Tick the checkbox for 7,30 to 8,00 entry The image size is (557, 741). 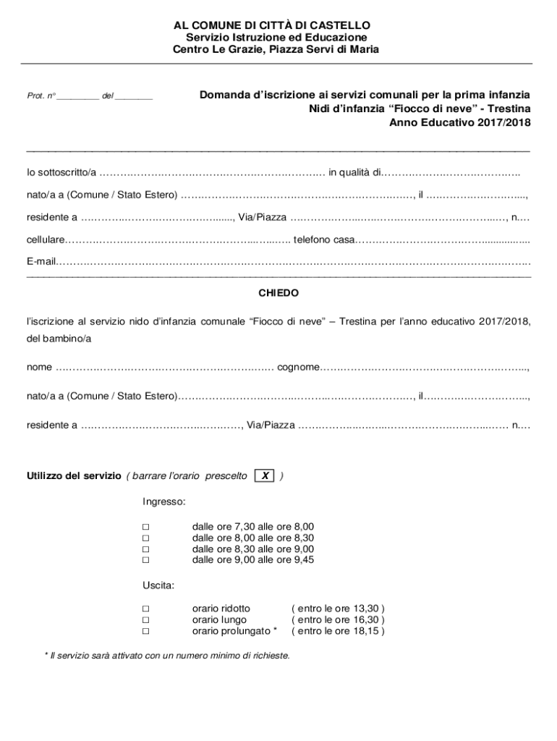click(x=145, y=528)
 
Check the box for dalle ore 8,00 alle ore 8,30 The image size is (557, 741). click(x=145, y=538)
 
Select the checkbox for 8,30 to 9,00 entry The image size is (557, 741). click(x=145, y=549)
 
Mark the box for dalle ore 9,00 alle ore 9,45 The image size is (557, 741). click(x=145, y=560)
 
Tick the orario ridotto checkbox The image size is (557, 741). click(x=145, y=609)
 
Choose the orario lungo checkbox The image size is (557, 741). click(x=145, y=620)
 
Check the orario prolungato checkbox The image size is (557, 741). click(x=145, y=631)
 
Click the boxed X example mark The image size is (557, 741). click(x=265, y=476)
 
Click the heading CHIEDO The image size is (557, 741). click(x=278, y=294)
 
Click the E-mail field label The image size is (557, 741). click(x=41, y=261)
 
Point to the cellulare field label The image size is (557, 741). click(x=46, y=240)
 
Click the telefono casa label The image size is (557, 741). click(x=323, y=240)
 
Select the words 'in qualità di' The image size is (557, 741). click(x=354, y=172)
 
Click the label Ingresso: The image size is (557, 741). click(x=163, y=501)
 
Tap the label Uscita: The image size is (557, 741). click(x=159, y=584)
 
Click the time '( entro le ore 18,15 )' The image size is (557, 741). click(x=338, y=631)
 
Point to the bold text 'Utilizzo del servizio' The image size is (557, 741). click(x=74, y=476)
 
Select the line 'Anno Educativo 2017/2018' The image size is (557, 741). click(x=459, y=123)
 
